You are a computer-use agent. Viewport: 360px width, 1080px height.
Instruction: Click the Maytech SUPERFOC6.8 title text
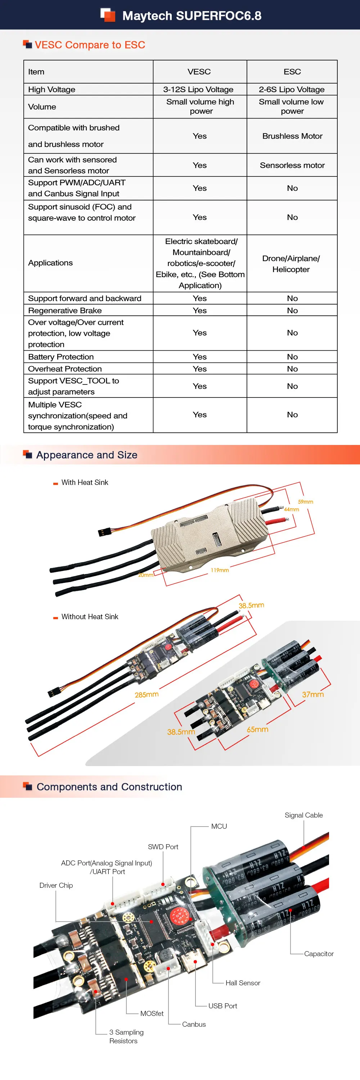click(192, 16)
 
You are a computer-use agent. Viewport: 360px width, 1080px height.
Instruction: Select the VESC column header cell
click(199, 72)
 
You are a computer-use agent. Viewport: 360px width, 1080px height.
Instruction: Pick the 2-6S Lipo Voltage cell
click(292, 89)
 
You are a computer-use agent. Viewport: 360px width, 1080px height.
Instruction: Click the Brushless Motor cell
click(292, 136)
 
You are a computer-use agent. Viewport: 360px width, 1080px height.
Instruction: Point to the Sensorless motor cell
click(292, 165)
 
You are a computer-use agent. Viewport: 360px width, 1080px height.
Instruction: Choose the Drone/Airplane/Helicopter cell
click(291, 264)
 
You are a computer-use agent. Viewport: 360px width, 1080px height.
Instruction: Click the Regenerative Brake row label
click(65, 310)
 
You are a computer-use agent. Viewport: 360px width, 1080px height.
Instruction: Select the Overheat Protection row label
click(65, 369)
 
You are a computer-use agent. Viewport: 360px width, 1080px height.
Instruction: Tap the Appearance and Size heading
click(87, 455)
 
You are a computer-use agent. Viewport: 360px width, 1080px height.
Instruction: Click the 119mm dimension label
click(220, 570)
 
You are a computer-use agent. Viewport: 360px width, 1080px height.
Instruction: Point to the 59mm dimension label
click(306, 502)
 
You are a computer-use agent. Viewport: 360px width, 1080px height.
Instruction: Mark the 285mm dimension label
click(147, 695)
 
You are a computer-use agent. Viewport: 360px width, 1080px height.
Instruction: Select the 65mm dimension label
click(257, 729)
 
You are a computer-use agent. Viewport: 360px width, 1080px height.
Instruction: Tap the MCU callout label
click(219, 826)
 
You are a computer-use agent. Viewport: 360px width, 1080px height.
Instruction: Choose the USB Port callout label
click(222, 1006)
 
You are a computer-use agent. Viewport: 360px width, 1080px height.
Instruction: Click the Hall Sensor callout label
click(243, 983)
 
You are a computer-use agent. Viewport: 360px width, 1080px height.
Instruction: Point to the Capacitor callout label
click(319, 954)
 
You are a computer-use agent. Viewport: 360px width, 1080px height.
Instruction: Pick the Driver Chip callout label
click(56, 885)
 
